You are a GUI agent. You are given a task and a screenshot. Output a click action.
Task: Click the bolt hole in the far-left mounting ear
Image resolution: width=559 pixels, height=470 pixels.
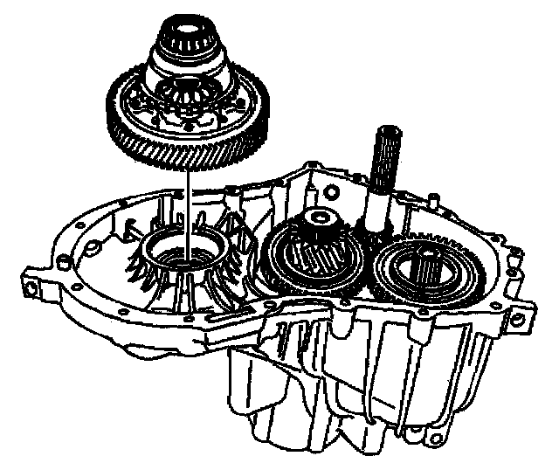pyautogui.click(x=33, y=287)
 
